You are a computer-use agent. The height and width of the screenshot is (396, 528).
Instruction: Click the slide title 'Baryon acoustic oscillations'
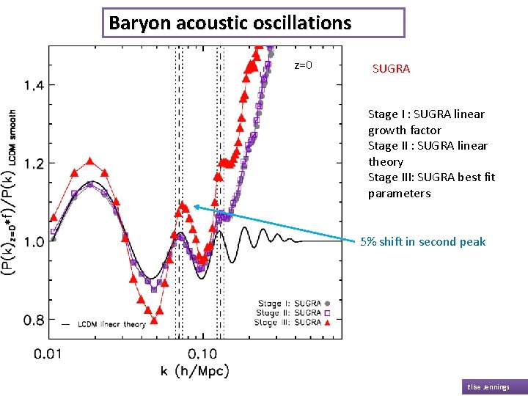[x=230, y=23]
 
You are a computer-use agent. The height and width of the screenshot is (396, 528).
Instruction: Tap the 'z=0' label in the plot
[x=303, y=65]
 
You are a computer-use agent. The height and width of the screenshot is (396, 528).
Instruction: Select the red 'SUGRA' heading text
[x=391, y=68]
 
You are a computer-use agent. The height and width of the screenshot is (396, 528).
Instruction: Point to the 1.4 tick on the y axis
[x=34, y=85]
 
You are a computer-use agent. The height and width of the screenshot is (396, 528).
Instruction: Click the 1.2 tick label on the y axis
[x=34, y=163]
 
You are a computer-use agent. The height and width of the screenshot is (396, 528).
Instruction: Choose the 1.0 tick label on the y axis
[x=34, y=241]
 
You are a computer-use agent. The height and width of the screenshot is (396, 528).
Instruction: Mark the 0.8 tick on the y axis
[x=34, y=320]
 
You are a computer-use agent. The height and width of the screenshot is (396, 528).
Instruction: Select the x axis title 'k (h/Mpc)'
[x=195, y=371]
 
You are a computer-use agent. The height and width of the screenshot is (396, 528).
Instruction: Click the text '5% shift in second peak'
[x=422, y=241]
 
